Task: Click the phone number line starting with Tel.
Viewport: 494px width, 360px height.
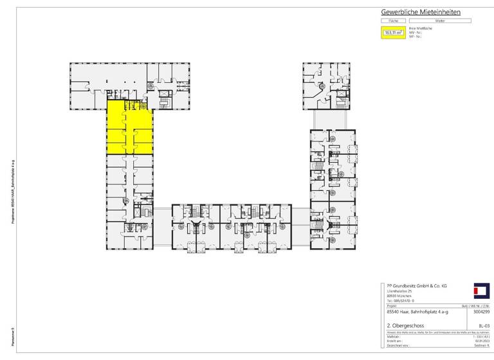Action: [400, 300]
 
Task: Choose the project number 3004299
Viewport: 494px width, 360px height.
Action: [481, 312]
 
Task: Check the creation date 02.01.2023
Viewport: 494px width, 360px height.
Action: [483, 341]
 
